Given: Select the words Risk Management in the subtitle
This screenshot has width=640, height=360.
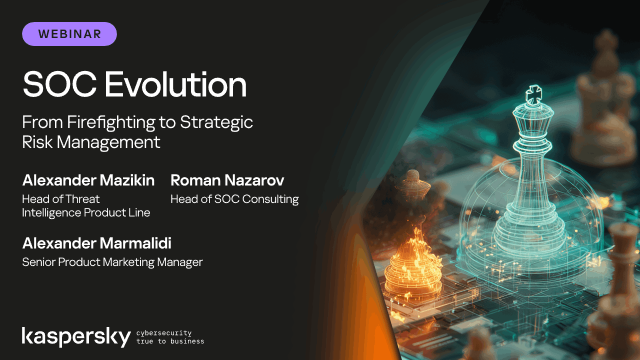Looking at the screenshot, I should pos(91,142).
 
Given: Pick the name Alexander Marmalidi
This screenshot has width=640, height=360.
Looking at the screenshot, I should pos(98,243).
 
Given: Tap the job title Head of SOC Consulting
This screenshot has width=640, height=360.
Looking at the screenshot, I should pos(234,199).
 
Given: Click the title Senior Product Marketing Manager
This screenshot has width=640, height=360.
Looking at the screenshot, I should pos(112,262).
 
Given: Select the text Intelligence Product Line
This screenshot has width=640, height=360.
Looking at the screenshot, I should pos(84,213).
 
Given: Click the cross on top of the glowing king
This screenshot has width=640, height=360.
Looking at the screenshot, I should pos(533,95).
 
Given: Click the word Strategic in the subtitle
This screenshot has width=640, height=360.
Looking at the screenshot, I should pos(222,122).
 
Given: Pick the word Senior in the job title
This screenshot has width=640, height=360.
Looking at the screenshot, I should pos(41,262).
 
